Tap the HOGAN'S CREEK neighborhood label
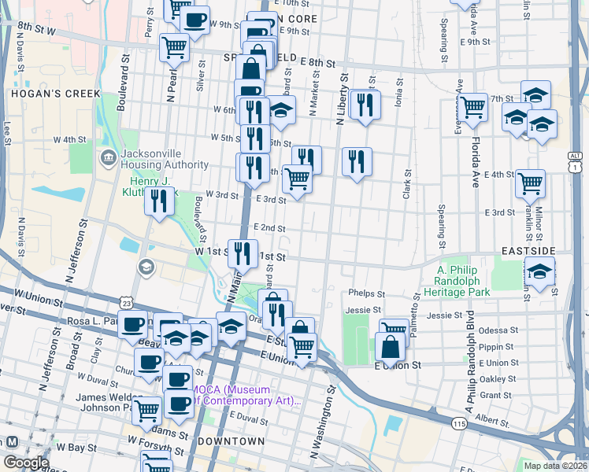coord(43,94)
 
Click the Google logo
coord(26,463)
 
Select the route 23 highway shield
coord(127,302)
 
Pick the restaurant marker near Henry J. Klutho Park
coord(160,201)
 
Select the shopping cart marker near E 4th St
coord(530,183)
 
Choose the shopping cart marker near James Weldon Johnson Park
coord(146,409)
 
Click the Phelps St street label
coord(365,293)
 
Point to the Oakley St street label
coord(498,378)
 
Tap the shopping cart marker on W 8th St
coord(174,46)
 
